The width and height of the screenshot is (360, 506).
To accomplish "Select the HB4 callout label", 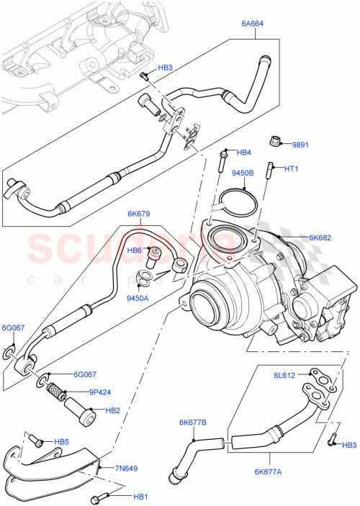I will tap(244, 153).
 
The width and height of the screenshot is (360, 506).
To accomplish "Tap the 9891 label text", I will tap(300, 144).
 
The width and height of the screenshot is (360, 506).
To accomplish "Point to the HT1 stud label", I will tap(290, 168).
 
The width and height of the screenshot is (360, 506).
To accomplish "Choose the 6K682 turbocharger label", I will tap(320, 237).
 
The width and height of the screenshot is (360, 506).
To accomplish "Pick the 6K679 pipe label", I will tap(138, 214).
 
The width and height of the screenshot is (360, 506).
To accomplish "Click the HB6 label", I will tap(134, 250).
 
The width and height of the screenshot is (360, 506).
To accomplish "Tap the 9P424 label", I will tap(79, 393).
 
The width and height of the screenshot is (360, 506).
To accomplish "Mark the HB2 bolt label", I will tap(112, 410).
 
